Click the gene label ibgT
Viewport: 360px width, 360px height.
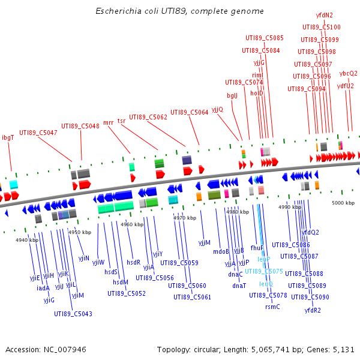[8, 137]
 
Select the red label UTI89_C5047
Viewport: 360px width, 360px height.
[38, 133]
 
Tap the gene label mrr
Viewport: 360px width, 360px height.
[109, 122]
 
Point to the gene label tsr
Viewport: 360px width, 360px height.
[122, 121]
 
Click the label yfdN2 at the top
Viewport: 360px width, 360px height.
[325, 15]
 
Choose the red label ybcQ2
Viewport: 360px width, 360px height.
[348, 73]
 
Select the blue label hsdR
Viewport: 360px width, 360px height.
[133, 262]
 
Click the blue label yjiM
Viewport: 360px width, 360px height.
[77, 295]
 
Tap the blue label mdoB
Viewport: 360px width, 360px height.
[221, 251]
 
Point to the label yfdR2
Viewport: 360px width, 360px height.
[313, 310]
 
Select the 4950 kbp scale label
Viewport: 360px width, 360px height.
[79, 232]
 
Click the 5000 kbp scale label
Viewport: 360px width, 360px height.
[343, 203]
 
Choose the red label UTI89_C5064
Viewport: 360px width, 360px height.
[190, 112]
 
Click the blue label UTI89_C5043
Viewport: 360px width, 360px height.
[73, 314]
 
